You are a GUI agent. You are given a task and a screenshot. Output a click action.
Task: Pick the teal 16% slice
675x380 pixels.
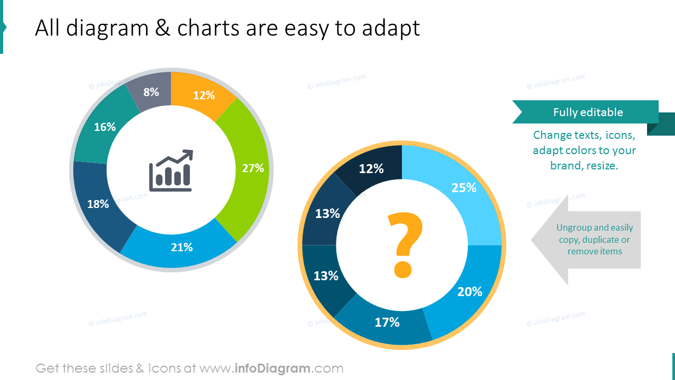pyautogui.click(x=105, y=127)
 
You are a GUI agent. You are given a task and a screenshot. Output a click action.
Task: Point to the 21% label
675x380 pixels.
pyautogui.click(x=182, y=247)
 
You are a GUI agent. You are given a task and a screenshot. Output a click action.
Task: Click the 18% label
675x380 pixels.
pyautogui.click(x=98, y=204)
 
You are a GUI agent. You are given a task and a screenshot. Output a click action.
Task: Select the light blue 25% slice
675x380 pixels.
pyautogui.click(x=454, y=190)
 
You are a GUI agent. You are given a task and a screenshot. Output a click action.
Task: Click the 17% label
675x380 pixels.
pyautogui.click(x=387, y=322)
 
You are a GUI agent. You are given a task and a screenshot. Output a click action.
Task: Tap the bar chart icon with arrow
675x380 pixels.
pyautogui.click(x=171, y=170)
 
